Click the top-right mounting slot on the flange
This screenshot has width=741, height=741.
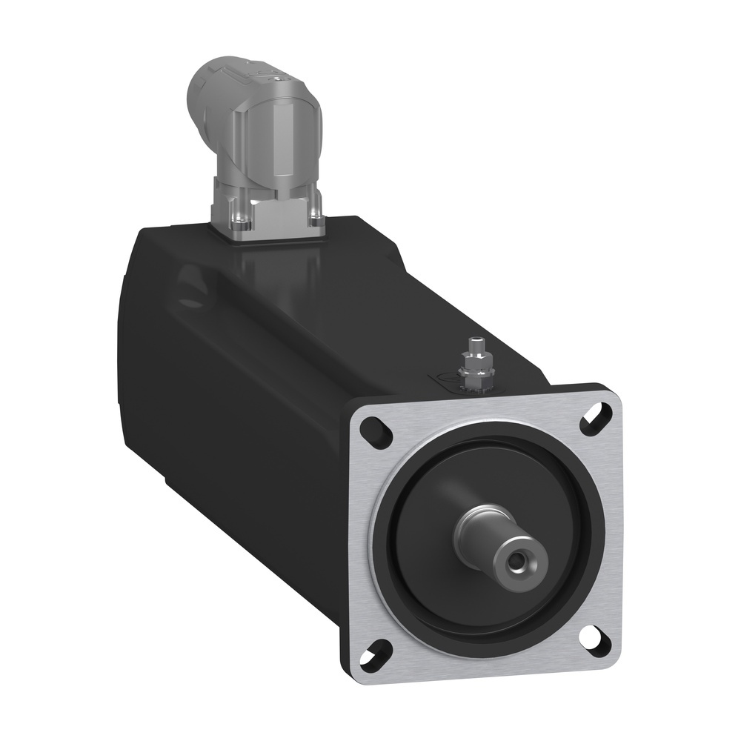(x=596, y=417)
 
